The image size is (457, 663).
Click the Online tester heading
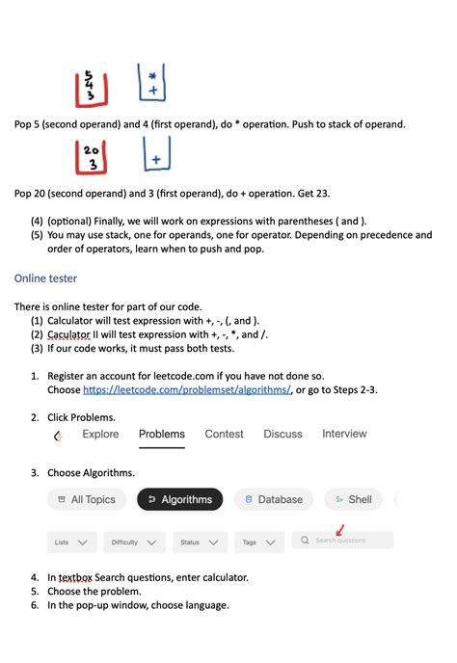click(x=45, y=278)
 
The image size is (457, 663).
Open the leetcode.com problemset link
click(x=186, y=389)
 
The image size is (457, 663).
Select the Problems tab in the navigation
click(x=161, y=435)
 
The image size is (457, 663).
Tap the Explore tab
click(x=100, y=435)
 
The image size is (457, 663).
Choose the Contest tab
click(x=224, y=435)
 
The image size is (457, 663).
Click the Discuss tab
click(x=282, y=435)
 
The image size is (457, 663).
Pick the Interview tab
click(x=344, y=435)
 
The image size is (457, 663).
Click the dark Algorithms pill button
click(x=179, y=499)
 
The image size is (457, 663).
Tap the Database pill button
click(x=274, y=499)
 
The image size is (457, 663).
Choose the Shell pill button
click(x=353, y=499)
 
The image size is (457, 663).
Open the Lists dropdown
click(x=72, y=542)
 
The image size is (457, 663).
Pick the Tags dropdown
click(x=257, y=542)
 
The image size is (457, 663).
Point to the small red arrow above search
click(x=339, y=529)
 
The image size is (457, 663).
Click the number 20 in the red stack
click(x=92, y=150)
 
